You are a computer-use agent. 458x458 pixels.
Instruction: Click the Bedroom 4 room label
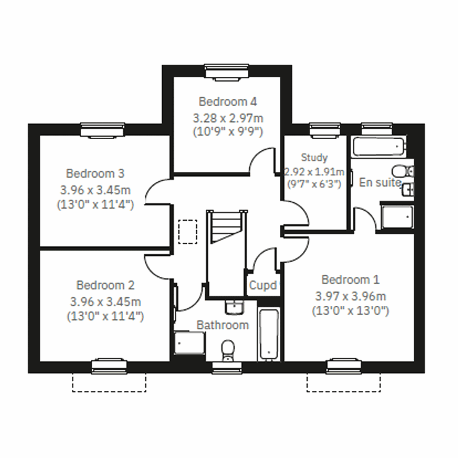click(x=227, y=102)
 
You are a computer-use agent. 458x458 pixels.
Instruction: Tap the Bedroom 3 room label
click(x=95, y=174)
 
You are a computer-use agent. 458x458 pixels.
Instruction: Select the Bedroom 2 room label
click(x=105, y=285)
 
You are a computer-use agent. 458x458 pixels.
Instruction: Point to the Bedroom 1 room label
click(x=350, y=280)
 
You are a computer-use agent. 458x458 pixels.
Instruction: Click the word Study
click(x=314, y=157)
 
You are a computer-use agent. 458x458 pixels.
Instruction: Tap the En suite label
click(x=380, y=182)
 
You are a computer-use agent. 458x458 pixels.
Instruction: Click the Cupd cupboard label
click(x=263, y=285)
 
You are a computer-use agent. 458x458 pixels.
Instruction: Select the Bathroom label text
click(x=223, y=325)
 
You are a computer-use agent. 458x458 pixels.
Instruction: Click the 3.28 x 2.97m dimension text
click(x=228, y=118)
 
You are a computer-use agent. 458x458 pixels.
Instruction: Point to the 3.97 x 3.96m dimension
click(x=350, y=296)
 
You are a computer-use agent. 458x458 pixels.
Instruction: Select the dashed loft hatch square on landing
click(x=188, y=231)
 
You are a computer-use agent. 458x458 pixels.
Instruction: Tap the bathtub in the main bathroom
click(x=269, y=334)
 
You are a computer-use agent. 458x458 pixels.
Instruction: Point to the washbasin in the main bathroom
click(x=234, y=307)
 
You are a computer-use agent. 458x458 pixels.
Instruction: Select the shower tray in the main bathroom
click(x=190, y=343)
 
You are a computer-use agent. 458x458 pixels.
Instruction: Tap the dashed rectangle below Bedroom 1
click(x=343, y=382)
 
